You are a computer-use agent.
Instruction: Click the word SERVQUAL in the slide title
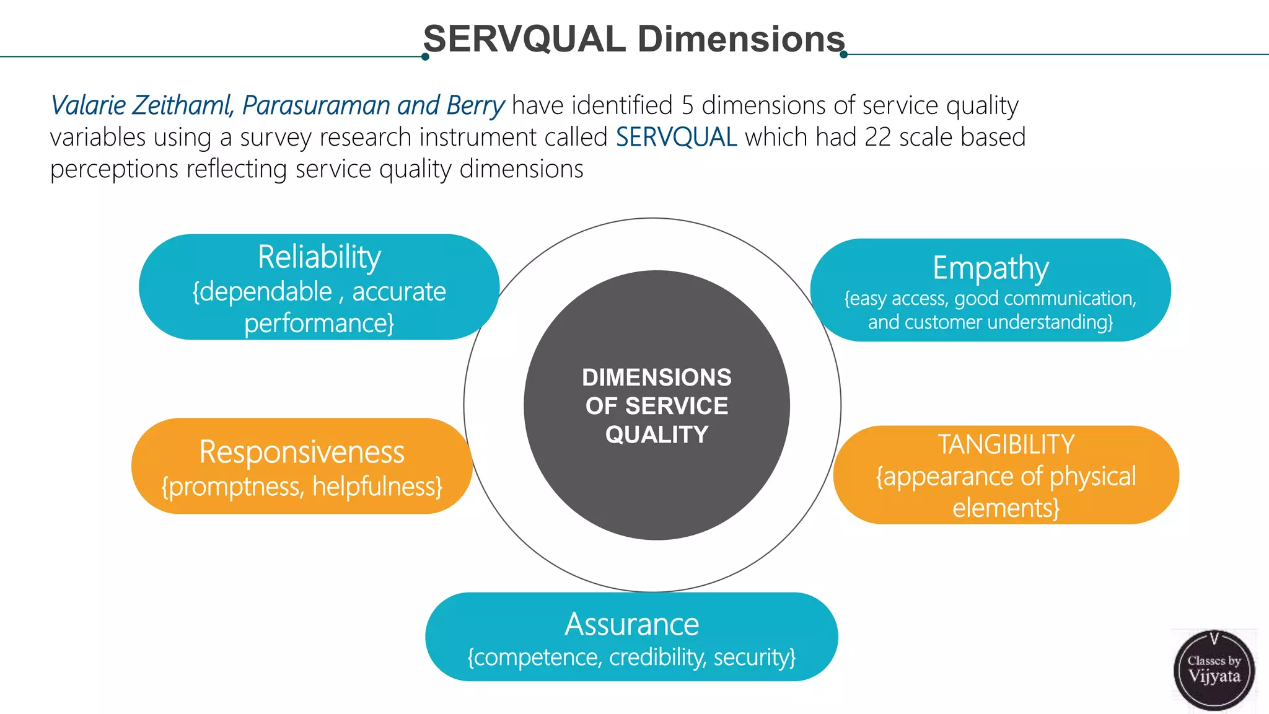(x=524, y=39)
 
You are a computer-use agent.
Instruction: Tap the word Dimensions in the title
(x=741, y=39)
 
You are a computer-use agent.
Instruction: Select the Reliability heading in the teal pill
(x=319, y=257)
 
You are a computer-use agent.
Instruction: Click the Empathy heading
(x=990, y=268)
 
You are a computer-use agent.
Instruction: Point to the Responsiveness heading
(x=302, y=452)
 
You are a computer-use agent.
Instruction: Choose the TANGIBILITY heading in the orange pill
(x=1006, y=444)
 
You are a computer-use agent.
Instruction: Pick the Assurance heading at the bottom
(x=631, y=624)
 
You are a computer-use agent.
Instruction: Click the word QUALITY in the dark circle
(x=657, y=434)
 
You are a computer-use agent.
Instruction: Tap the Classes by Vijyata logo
(x=1214, y=670)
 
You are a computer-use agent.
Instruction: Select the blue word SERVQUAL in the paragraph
(x=676, y=137)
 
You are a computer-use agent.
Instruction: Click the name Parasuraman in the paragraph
(x=316, y=105)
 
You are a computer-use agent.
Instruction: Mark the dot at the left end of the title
(x=425, y=57)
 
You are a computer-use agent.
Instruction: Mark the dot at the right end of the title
(x=843, y=55)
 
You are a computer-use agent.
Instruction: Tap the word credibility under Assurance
(x=657, y=657)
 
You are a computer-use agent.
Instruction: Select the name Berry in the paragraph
(x=475, y=105)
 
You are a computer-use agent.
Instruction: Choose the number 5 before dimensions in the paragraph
(x=687, y=105)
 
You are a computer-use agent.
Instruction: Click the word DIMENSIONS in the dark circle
(x=657, y=377)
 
